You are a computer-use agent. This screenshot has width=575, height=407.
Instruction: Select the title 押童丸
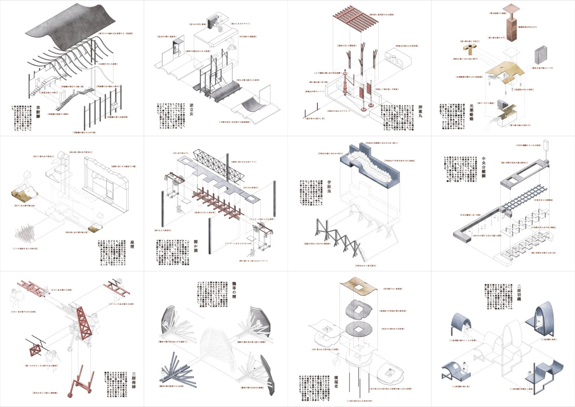420,111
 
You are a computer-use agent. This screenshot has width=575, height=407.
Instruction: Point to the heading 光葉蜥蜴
471,112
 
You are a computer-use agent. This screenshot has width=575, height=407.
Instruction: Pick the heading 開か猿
195,246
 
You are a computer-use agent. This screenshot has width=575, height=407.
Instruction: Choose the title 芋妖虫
329,187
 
